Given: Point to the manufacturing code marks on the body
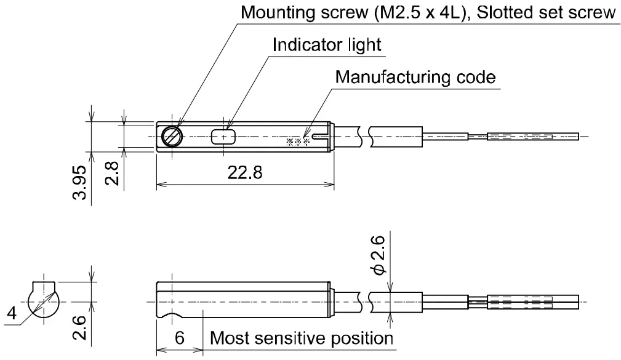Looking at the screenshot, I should click(297, 141).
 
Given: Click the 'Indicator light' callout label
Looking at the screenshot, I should click(327, 45).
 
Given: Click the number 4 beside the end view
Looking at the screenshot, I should click(11, 314).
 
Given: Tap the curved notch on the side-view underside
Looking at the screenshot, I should click(172, 316).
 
